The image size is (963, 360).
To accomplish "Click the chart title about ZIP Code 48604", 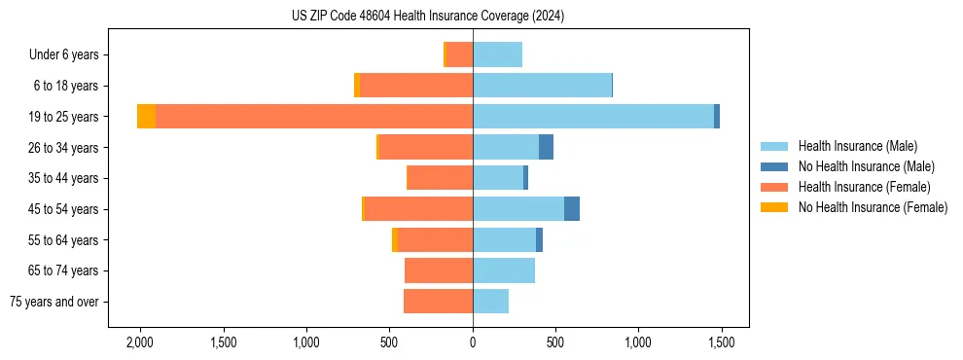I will (427, 17).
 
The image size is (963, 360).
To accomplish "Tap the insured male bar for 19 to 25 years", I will (593, 117).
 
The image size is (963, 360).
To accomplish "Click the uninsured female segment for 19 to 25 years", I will (146, 117).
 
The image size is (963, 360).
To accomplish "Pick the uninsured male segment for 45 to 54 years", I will (572, 209).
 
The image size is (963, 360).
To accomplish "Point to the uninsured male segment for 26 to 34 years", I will (546, 148).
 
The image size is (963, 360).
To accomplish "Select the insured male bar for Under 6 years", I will (497, 55).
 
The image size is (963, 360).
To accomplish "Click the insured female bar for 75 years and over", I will (438, 302).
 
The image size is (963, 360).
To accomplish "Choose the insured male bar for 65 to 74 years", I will (504, 270).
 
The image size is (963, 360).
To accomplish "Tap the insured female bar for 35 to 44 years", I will (440, 178).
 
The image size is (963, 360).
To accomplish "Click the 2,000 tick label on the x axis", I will (140, 342).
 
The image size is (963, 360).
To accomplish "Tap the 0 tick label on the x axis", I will (473, 342).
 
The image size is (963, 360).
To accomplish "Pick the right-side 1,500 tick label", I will (721, 342).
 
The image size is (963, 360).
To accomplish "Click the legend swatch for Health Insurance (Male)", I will (774, 146).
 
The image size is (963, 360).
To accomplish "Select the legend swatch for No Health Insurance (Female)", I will (774, 207).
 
